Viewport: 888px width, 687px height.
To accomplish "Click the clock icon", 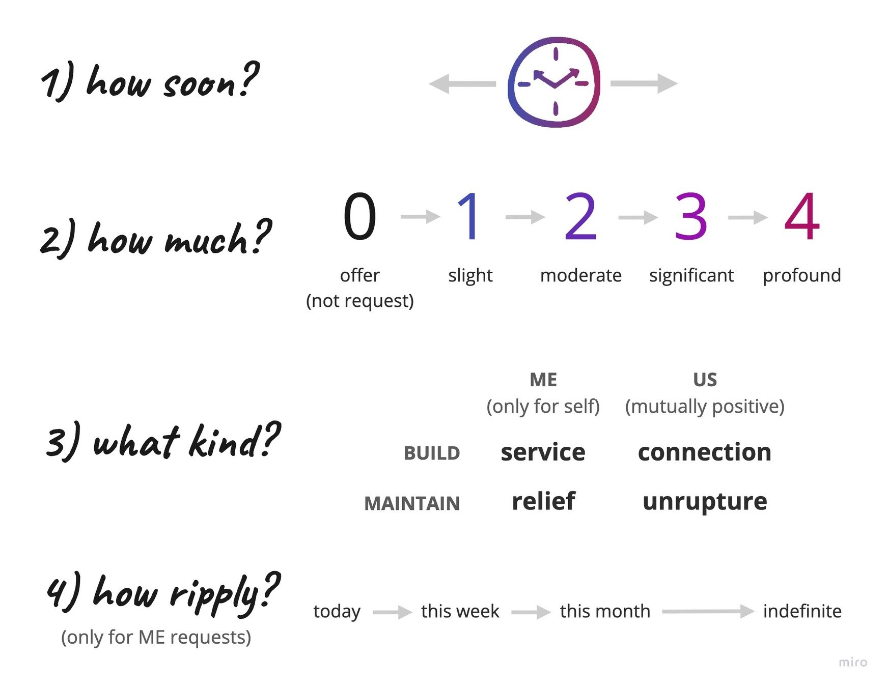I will (554, 82).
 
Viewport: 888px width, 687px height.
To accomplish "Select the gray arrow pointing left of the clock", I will (462, 83).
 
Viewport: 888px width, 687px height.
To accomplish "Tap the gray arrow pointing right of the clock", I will (644, 83).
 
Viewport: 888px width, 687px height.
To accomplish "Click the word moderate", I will (580, 275).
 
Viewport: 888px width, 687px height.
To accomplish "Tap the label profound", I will (801, 275).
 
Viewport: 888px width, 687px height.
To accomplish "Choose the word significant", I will (691, 275).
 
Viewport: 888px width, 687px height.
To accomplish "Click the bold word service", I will (543, 452).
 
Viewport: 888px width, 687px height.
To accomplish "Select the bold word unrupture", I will (705, 502).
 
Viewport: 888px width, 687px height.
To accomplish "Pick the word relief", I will (543, 501).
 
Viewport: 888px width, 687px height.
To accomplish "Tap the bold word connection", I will (705, 452).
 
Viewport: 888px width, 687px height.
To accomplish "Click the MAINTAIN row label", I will (412, 503).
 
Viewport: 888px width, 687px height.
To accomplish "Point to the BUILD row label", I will (432, 453).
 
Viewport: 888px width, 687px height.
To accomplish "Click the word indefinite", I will (802, 611).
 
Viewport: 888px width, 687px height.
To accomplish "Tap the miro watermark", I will (853, 662).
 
